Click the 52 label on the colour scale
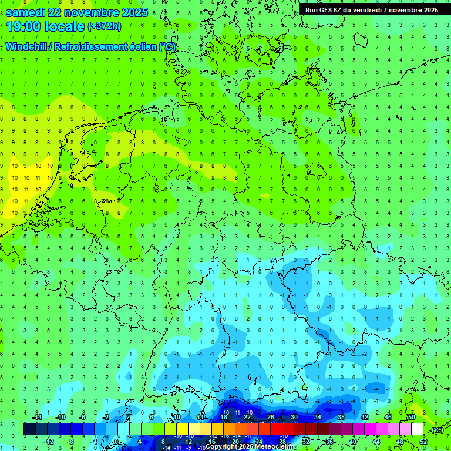(423, 441)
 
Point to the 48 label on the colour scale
(399, 441)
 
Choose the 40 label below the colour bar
(352, 441)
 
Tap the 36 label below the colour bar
(329, 441)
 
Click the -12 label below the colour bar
(49, 441)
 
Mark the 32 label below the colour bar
(305, 441)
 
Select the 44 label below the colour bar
(376, 441)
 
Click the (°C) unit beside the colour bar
(436, 430)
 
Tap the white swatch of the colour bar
(417, 429)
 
